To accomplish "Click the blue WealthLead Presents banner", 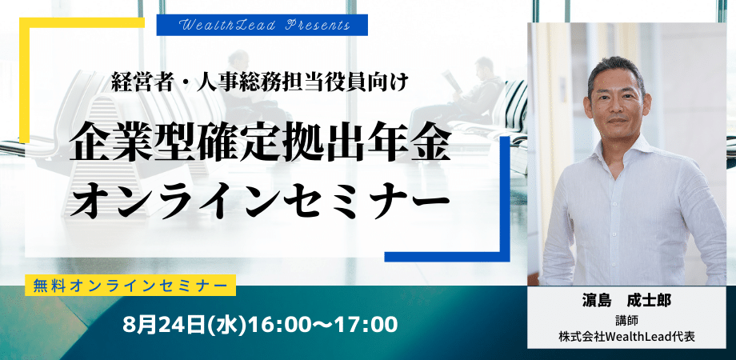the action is point(262,25).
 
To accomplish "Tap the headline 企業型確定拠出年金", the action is point(260,143).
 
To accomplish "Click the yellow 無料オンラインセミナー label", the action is point(130,285).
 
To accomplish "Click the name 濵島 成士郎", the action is point(626,301).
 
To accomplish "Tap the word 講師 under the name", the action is point(626,321).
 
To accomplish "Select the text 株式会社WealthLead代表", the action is point(626,336).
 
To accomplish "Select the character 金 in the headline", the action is point(430,143).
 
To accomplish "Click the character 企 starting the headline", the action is point(90,143).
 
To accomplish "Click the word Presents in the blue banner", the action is point(318,26).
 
